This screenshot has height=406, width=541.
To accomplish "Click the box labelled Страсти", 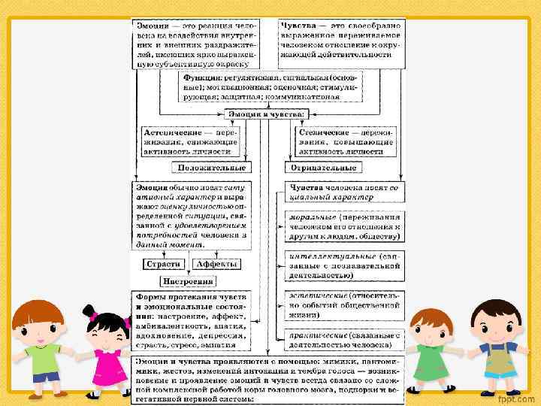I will point(163,264).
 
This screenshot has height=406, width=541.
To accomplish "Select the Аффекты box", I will point(216,264).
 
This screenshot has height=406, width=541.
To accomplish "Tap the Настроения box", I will point(189,281).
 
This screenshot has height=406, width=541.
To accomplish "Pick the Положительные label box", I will point(210,168).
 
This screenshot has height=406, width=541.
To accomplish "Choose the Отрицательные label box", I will point(322,168).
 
